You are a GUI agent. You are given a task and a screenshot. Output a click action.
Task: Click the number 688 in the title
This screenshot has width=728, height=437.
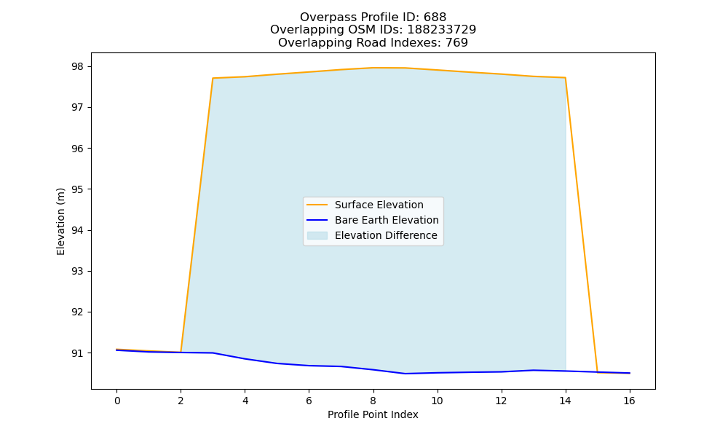(435, 17)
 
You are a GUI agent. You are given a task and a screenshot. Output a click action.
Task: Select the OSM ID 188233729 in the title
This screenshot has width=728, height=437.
(442, 30)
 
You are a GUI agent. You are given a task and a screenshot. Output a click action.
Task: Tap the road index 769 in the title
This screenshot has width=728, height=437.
(457, 43)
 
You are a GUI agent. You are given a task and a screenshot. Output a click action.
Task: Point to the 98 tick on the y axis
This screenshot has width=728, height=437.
(78, 67)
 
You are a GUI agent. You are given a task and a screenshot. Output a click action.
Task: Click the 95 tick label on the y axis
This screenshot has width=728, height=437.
(78, 189)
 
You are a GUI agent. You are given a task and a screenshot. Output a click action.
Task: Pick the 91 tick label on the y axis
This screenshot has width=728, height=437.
(78, 353)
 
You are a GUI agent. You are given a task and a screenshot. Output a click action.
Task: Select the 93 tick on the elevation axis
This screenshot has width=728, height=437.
(78, 271)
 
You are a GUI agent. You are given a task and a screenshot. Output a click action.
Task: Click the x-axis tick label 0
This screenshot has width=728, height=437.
(117, 401)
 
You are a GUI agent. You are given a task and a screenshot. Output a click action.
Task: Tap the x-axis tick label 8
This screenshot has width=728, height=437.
(373, 401)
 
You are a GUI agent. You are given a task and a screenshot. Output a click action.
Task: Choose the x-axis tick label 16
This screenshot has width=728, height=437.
(629, 401)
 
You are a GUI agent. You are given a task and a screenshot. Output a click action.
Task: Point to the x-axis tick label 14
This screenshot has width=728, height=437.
(565, 401)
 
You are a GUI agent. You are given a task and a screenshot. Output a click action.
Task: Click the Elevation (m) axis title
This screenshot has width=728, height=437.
(61, 221)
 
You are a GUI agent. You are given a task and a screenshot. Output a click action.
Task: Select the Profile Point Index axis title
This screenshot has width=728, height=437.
(373, 414)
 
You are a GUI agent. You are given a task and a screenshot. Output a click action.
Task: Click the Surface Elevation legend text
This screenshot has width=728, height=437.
(379, 205)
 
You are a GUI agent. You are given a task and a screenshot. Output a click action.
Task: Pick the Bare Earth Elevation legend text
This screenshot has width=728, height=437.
(387, 220)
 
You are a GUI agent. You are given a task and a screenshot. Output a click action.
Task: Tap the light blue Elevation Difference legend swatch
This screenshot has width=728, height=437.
(317, 235)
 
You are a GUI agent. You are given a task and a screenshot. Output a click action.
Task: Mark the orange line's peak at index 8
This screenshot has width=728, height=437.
(373, 68)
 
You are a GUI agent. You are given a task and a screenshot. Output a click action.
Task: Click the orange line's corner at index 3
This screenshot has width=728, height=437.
(213, 78)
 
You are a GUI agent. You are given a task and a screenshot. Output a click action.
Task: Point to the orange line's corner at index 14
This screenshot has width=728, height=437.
(565, 77)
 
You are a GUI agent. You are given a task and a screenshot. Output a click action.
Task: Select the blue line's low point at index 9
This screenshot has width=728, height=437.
(405, 374)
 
